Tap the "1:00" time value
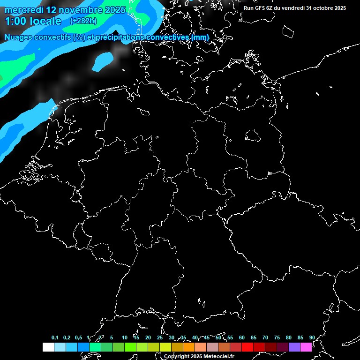15,21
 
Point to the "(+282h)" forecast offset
83,21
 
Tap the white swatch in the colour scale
48,347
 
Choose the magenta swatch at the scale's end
306,347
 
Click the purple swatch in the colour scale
294,347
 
